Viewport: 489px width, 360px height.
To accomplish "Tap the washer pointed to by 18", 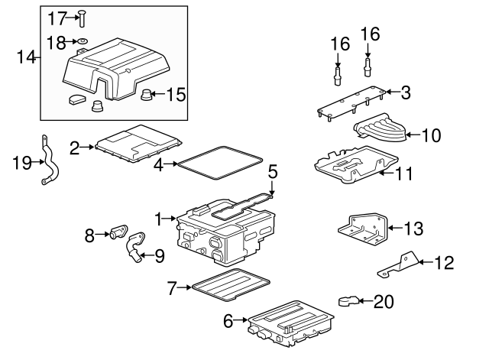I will click(82, 41).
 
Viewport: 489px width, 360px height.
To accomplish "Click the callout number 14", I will click(26, 57).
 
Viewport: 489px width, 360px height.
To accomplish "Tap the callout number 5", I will click(272, 172).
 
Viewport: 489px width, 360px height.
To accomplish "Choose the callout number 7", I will click(172, 288).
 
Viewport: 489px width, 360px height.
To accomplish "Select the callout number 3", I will click(406, 93).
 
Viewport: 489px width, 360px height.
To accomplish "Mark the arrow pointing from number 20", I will click(365, 301).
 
